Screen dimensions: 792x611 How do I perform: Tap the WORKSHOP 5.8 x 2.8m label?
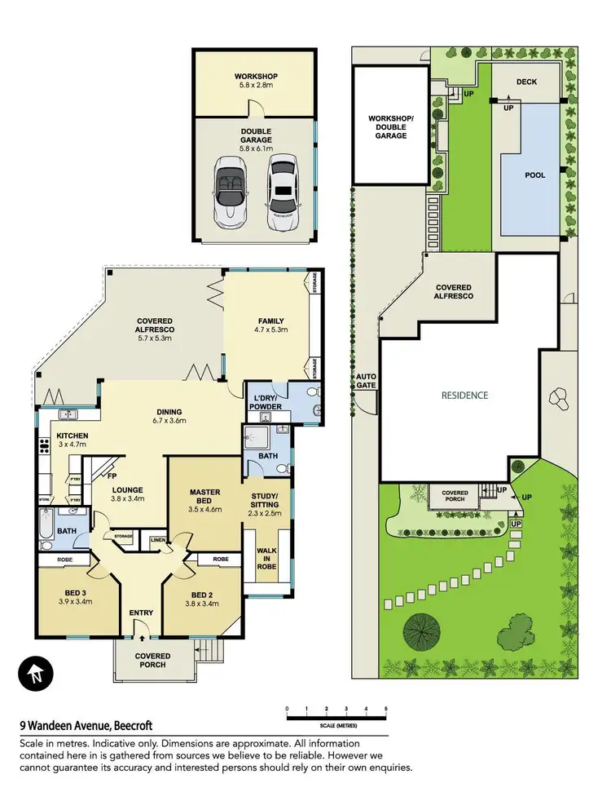click(x=255, y=82)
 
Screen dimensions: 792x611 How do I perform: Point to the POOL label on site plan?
click(x=534, y=175)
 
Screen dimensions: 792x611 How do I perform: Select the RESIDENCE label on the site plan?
click(x=464, y=396)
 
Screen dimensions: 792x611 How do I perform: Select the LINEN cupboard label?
click(x=157, y=538)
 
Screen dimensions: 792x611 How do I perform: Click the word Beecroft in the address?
click(x=129, y=725)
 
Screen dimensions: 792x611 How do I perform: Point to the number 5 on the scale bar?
click(x=385, y=708)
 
